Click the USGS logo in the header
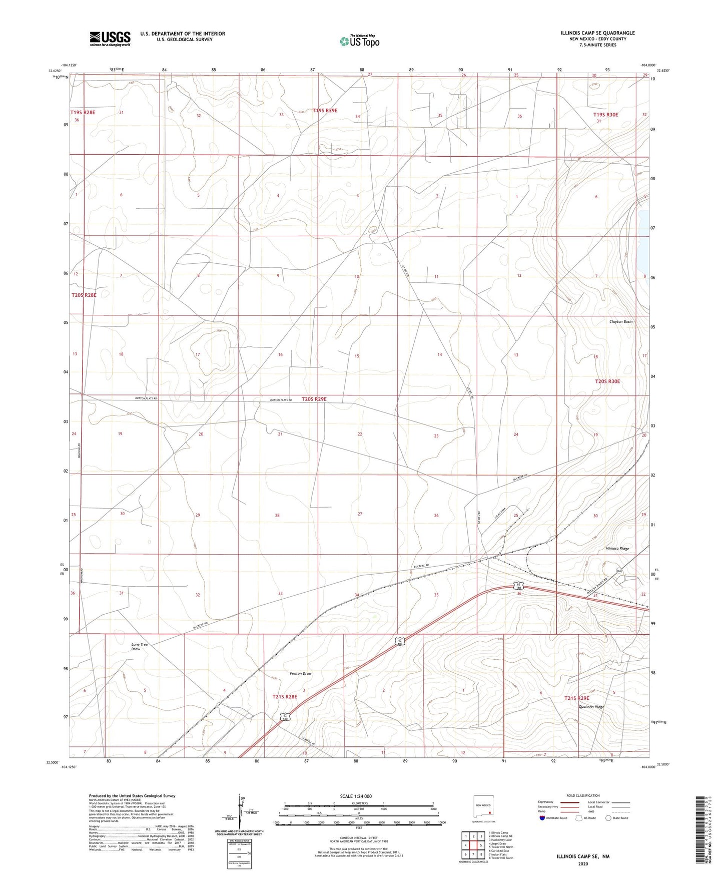[x=110, y=39]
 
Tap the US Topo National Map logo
[x=359, y=41]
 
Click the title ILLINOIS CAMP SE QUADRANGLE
[x=597, y=33]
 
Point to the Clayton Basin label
[x=620, y=321]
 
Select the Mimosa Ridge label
[x=617, y=549]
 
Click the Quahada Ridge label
[x=591, y=707]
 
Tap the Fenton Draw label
[x=301, y=673]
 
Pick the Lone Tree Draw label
[x=140, y=647]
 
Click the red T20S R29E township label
[x=314, y=399]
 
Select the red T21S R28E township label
[x=285, y=696]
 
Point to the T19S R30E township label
[x=605, y=115]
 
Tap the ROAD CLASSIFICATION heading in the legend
[x=583, y=795]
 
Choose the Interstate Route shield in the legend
[x=543, y=818]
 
